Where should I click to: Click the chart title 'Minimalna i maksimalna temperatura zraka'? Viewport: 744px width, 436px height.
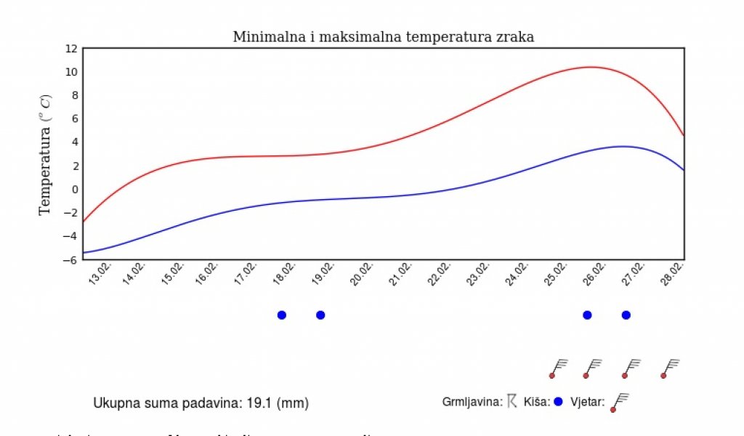[383, 37]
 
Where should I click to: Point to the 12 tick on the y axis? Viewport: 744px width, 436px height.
[71, 49]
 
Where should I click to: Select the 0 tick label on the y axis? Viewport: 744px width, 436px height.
[74, 190]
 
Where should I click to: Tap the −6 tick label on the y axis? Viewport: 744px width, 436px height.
[71, 259]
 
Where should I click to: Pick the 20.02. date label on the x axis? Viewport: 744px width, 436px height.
[361, 275]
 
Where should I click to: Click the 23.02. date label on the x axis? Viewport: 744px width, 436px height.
[477, 275]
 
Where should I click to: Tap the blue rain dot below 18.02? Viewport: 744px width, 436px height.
[282, 315]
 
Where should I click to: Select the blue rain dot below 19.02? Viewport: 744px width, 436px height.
[320, 315]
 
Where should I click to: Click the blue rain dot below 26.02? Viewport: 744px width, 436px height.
[587, 315]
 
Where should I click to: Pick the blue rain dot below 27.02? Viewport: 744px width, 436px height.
[626, 315]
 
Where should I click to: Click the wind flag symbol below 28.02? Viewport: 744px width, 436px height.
[671, 368]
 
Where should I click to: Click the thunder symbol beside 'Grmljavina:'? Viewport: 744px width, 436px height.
[511, 401]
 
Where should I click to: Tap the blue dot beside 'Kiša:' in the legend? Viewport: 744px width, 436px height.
[558, 402]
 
